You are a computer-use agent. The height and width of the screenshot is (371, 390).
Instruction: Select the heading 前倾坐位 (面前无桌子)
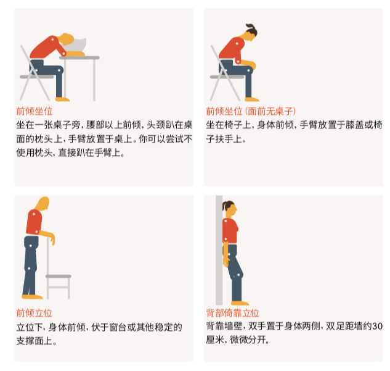pos(251,111)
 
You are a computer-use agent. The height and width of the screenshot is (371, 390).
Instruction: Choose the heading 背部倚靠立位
pos(232,313)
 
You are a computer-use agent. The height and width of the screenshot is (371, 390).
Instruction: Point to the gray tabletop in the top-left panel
pos(80,57)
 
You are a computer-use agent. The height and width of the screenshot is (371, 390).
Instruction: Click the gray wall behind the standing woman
pos(219,247)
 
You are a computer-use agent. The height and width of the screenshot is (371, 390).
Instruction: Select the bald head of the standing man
pos(42,204)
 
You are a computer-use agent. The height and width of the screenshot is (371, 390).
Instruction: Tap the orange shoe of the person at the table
pos(62,98)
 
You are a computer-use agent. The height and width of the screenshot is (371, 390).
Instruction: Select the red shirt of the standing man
pos(35,222)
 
